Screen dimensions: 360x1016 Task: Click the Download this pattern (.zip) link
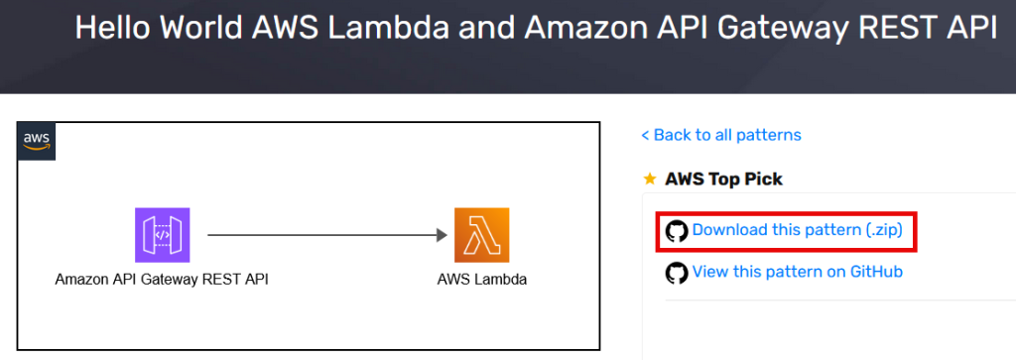(x=797, y=230)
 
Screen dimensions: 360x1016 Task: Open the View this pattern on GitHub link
(x=797, y=272)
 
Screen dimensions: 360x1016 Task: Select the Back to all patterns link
(x=721, y=135)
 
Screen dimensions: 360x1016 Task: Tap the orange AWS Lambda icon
(x=481, y=235)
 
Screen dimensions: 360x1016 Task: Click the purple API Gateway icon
(x=162, y=235)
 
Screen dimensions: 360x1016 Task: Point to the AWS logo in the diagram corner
(x=38, y=141)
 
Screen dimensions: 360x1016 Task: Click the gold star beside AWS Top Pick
(x=650, y=180)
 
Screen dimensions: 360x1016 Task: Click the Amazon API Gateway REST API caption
(x=162, y=280)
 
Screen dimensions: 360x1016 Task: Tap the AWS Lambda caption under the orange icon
(x=481, y=280)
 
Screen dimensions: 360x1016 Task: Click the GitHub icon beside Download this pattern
(x=677, y=231)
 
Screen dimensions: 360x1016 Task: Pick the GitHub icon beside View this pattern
(x=677, y=273)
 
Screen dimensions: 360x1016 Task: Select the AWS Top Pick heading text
(x=723, y=180)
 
